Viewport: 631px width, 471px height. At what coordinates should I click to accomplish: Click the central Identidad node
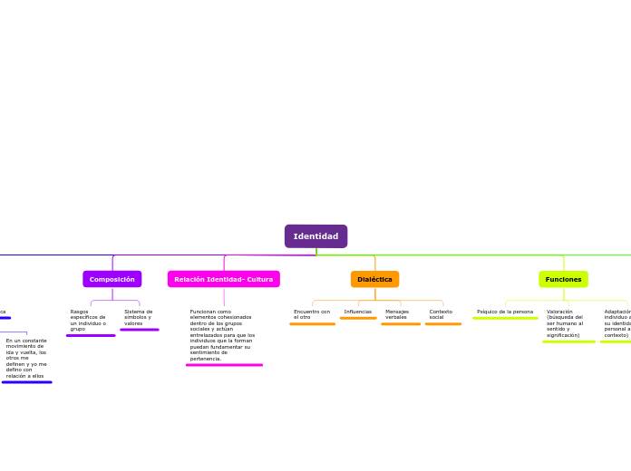[315, 236]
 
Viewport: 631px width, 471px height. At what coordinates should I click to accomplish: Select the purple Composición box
[112, 279]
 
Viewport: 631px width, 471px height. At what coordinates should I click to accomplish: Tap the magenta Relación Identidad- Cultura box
[223, 279]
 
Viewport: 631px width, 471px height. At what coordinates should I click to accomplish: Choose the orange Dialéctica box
[374, 279]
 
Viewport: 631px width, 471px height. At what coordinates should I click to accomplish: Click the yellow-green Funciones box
[563, 279]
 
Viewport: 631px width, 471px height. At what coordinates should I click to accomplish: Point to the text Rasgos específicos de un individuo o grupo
[88, 320]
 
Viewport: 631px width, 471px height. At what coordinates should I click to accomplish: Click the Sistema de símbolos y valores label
[139, 317]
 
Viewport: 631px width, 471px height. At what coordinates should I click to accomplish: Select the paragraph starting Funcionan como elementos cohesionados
[222, 335]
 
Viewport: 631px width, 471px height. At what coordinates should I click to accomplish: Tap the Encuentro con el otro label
[311, 314]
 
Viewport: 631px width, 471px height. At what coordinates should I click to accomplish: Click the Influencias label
[358, 312]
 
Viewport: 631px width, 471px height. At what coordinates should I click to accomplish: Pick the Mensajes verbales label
[397, 314]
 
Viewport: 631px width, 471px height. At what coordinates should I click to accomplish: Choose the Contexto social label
[441, 314]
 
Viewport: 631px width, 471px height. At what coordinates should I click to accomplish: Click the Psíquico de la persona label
[505, 312]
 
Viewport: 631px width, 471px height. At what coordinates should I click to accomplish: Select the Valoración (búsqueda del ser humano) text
[565, 323]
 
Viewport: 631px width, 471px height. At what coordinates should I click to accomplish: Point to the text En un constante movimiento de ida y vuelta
[26, 358]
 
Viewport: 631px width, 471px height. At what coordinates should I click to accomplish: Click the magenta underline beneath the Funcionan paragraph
[224, 365]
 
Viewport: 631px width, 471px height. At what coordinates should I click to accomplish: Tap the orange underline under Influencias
[358, 318]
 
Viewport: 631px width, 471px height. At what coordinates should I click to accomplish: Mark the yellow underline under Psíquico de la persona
[505, 318]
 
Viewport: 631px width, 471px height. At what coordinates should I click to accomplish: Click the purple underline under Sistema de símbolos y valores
[139, 330]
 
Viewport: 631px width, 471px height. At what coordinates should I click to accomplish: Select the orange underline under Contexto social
[442, 323]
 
